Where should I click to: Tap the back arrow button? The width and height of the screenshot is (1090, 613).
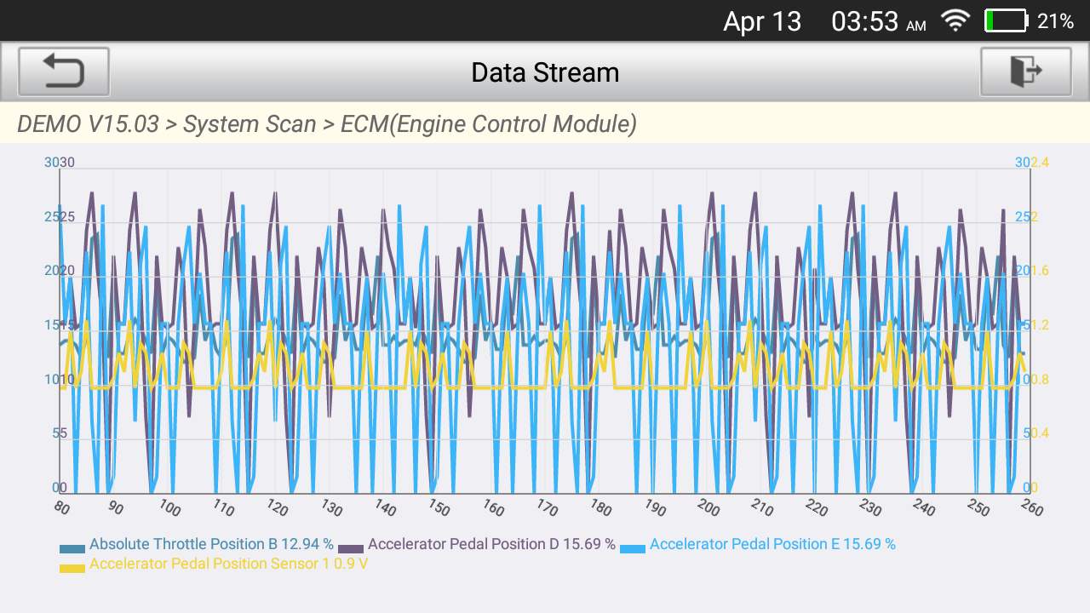point(64,72)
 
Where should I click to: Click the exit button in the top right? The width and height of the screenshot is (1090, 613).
point(1025,72)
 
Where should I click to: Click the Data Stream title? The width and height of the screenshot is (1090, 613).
point(545,72)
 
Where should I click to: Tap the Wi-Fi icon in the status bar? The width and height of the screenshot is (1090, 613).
point(955,21)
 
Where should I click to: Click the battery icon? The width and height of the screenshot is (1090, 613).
point(1006,21)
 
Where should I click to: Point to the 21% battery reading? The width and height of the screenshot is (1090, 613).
point(1055,22)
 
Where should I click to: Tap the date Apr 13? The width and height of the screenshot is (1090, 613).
point(762,22)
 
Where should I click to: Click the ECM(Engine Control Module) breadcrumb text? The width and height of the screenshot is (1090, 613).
point(489,124)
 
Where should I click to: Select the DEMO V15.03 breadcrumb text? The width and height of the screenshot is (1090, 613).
point(88,124)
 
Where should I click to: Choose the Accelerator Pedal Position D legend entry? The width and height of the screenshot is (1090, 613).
point(491,544)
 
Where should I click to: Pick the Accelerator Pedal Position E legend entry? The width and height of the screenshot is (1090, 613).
point(772,544)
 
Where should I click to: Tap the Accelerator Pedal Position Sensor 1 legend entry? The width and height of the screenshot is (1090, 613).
point(228,563)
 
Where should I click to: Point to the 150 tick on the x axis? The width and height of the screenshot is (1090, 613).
point(439,508)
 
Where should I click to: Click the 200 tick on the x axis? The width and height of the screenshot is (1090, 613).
point(708,508)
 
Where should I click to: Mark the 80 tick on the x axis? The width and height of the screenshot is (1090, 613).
point(61,507)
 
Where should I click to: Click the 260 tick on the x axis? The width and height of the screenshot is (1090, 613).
point(1030,508)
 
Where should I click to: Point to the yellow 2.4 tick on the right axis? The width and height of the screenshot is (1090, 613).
point(1040,163)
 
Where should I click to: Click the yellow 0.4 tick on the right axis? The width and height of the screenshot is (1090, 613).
point(1040,433)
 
